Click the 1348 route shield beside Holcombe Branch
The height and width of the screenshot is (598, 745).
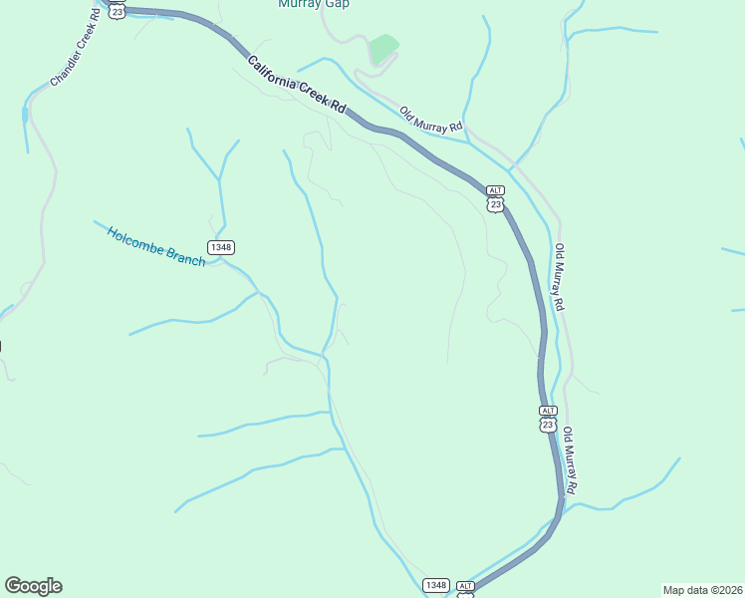point(221,246)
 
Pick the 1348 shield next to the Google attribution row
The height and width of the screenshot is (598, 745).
point(435,585)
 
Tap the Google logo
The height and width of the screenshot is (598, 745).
point(33,586)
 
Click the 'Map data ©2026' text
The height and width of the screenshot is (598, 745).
point(702,590)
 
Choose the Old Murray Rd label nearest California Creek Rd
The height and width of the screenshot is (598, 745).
point(432,120)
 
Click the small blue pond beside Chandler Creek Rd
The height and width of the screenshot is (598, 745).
point(24,115)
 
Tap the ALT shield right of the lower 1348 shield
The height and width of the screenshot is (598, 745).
point(466,588)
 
